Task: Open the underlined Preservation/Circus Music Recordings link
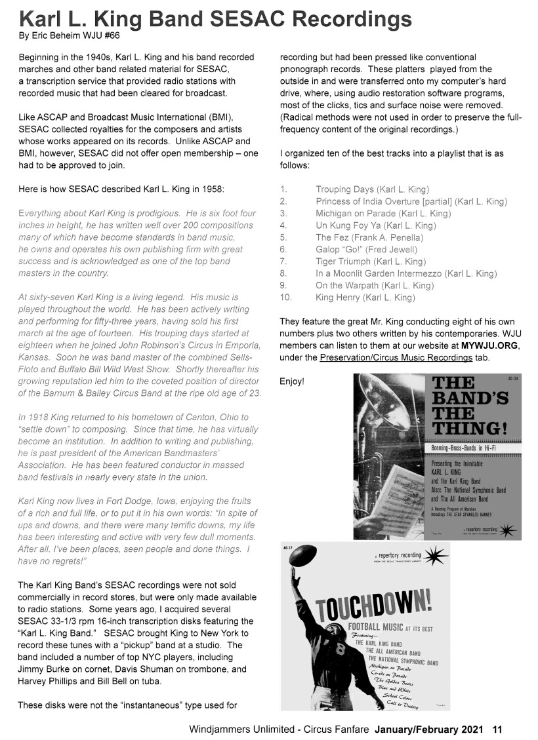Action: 396,357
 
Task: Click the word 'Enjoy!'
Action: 292,381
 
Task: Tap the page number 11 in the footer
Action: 497,729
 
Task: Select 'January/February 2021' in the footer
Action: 429,729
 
